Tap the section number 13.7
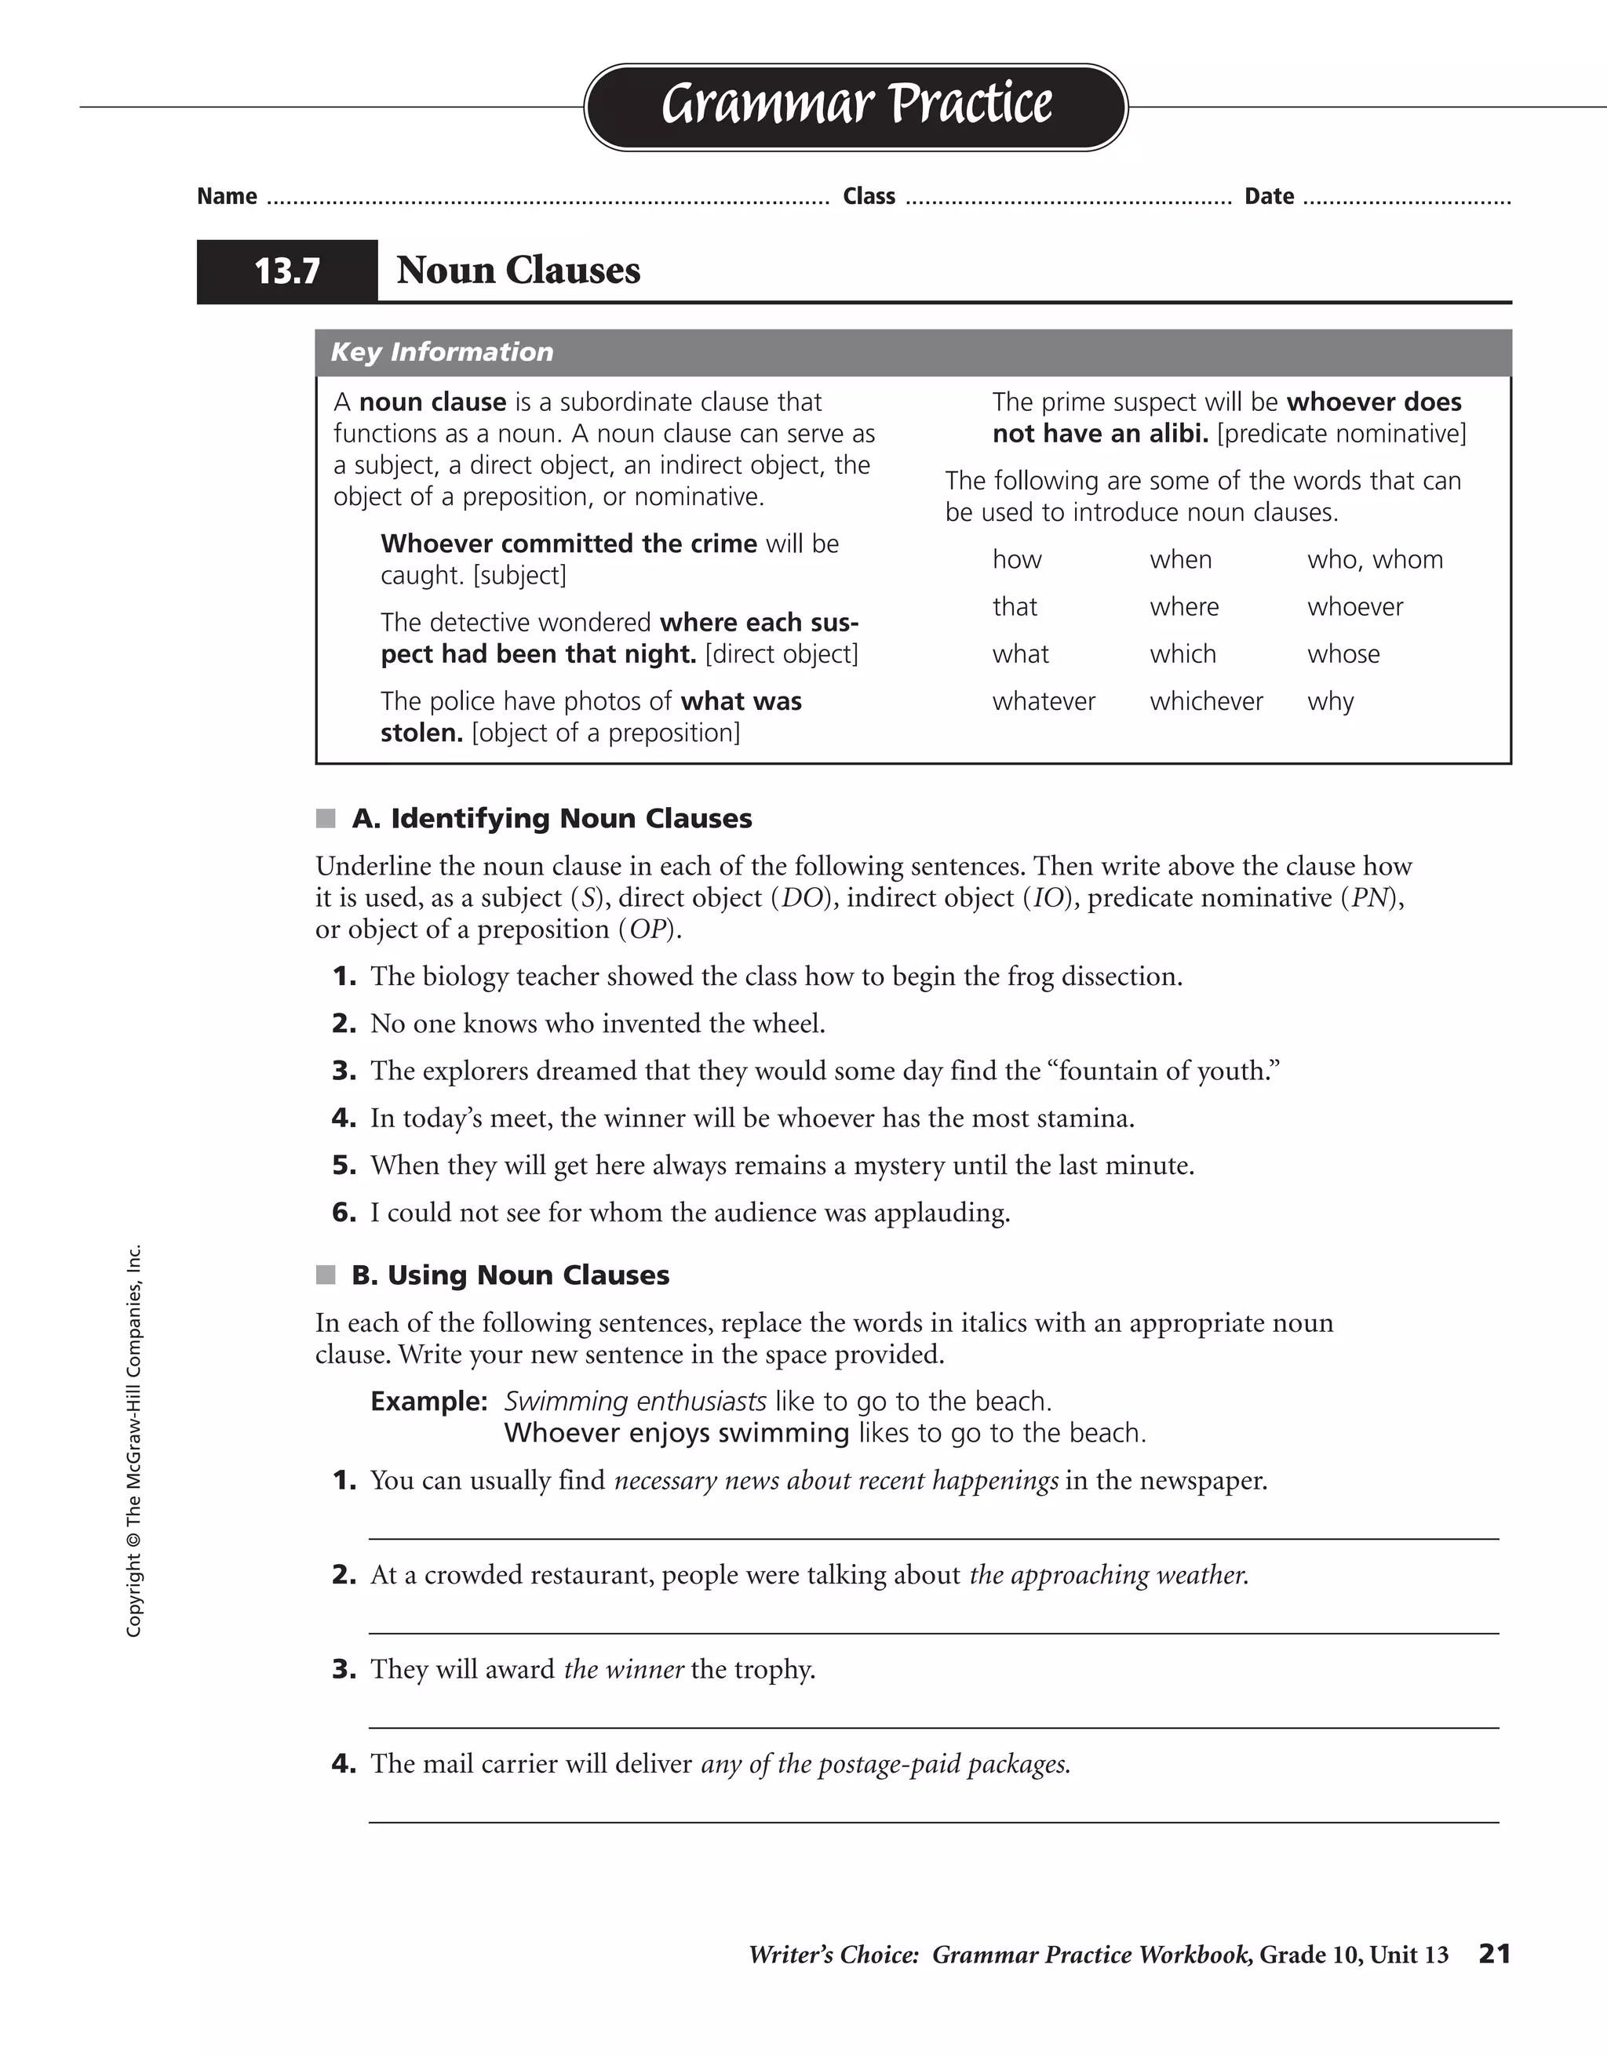[287, 271]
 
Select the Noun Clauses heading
[518, 270]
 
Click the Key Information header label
[442, 352]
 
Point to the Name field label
[227, 197]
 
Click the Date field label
[1269, 197]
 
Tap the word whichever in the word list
[1206, 702]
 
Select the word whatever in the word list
[1043, 702]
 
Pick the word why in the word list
[1330, 702]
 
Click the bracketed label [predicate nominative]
[1342, 434]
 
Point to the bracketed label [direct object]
[782, 654]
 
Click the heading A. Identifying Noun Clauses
[552, 819]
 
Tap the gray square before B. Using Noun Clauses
[326, 1275]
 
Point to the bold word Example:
[428, 1402]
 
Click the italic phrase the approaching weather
[1108, 1575]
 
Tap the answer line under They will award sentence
[933, 1728]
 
